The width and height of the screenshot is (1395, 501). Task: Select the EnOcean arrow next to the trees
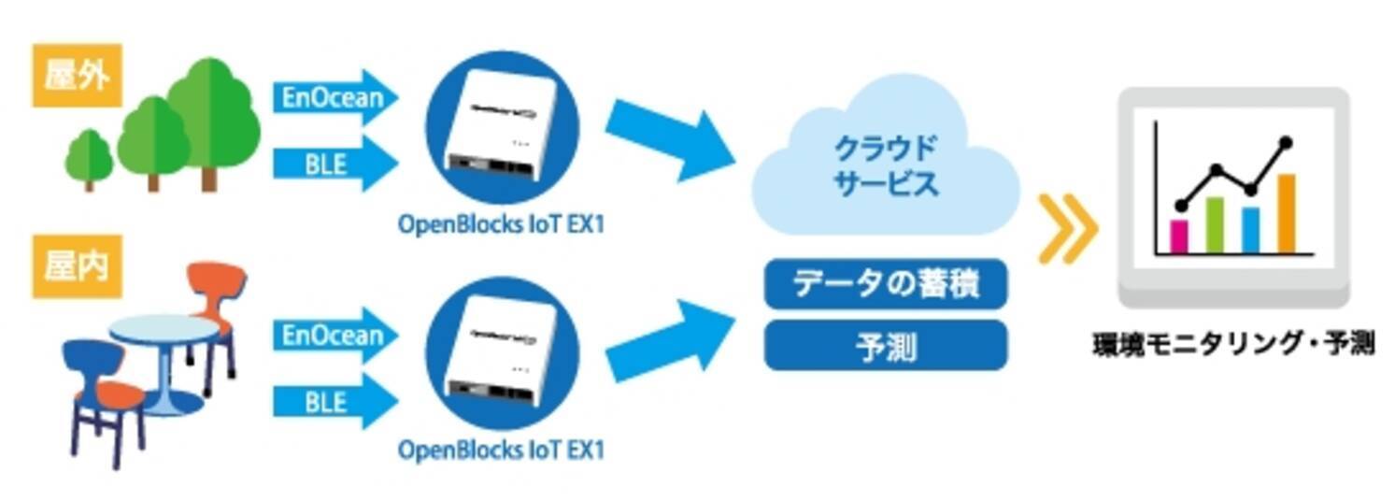click(x=335, y=96)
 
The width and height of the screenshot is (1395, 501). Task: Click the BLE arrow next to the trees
click(x=335, y=165)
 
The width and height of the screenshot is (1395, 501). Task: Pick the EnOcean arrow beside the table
click(x=335, y=335)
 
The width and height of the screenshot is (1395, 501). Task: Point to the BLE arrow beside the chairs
click(x=335, y=403)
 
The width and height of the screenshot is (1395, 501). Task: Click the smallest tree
click(x=90, y=158)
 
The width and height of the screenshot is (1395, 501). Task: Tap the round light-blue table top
click(x=164, y=328)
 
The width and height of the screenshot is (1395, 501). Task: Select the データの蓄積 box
click(x=886, y=284)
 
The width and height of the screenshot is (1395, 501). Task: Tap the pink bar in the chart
click(x=1179, y=236)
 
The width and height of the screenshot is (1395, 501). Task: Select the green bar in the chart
click(x=1215, y=224)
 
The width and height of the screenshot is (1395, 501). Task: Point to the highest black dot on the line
click(x=1287, y=143)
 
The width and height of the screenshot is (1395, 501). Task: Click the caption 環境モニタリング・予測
click(x=1233, y=344)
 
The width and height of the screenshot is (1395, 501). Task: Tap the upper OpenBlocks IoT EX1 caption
click(x=501, y=226)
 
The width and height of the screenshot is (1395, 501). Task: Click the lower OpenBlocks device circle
click(x=502, y=352)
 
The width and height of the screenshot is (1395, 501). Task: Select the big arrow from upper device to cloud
click(x=667, y=137)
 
